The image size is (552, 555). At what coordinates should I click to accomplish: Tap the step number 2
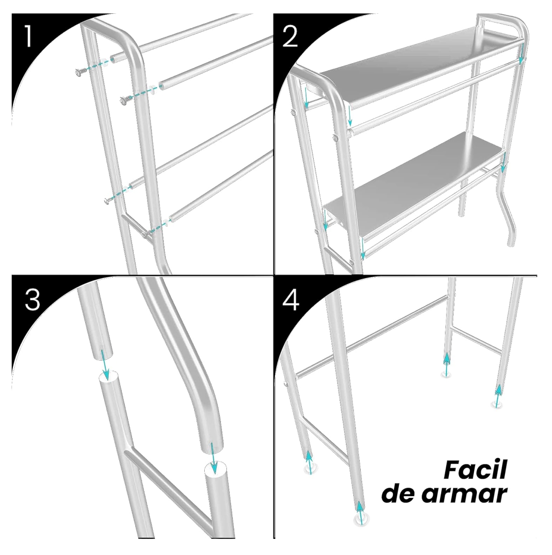291,37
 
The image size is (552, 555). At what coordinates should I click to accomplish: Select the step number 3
32,300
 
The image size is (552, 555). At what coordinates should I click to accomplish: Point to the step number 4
291,300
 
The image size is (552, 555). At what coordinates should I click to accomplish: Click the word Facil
475,470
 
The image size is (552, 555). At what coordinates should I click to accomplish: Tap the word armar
464,494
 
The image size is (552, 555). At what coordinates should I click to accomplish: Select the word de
399,494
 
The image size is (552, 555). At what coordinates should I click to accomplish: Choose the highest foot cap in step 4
445,373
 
